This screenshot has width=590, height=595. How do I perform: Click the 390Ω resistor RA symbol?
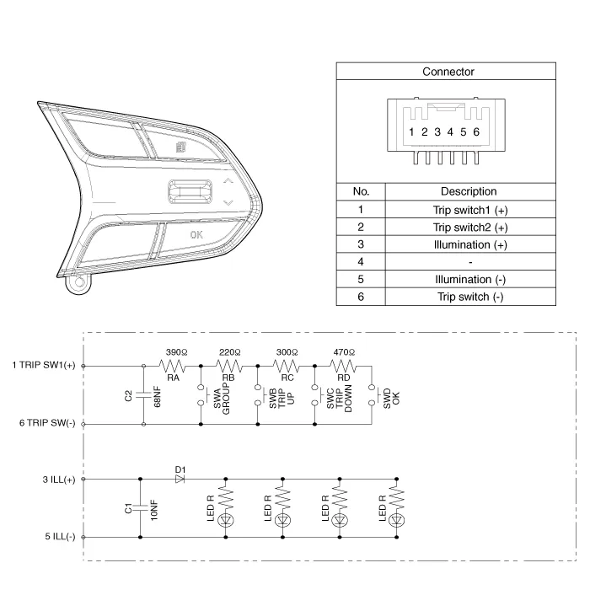pyautogui.click(x=172, y=366)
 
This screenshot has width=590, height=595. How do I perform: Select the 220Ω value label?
pyautogui.click(x=229, y=352)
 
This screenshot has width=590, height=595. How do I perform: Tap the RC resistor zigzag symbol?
pyautogui.click(x=286, y=366)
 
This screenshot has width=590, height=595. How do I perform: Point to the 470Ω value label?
pyautogui.click(x=344, y=352)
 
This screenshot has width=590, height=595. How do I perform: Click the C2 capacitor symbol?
pyautogui.click(x=143, y=395)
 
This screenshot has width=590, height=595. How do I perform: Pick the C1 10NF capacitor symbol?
pyautogui.click(x=141, y=508)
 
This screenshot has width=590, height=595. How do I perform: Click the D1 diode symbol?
pyautogui.click(x=180, y=479)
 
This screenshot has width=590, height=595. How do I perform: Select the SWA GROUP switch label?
pyautogui.click(x=222, y=399)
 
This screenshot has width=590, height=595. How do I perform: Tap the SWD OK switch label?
pyautogui.click(x=392, y=398)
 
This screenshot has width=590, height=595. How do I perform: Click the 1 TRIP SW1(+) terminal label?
pyautogui.click(x=44, y=365)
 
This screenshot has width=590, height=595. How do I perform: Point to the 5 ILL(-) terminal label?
pyautogui.click(x=60, y=537)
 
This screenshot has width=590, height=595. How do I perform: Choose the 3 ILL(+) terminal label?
pyautogui.click(x=59, y=480)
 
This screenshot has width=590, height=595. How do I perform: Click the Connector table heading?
pyautogui.click(x=448, y=72)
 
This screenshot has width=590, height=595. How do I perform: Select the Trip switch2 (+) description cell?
pyautogui.click(x=470, y=228)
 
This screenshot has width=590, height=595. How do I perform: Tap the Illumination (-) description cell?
pyautogui.click(x=470, y=280)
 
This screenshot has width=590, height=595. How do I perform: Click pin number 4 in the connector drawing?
pyautogui.click(x=450, y=132)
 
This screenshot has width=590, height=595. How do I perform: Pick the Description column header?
pyautogui.click(x=469, y=191)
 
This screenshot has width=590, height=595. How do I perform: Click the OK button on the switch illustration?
pyautogui.click(x=196, y=235)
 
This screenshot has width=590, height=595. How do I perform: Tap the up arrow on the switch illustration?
pyautogui.click(x=228, y=181)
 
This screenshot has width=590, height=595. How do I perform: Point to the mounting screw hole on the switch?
pyautogui.click(x=79, y=282)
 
